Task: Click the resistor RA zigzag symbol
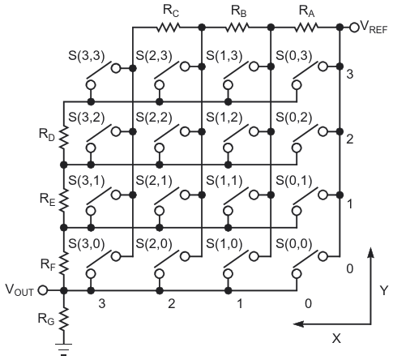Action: click(306, 27)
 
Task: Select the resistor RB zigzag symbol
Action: click(237, 27)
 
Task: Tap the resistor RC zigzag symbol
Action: click(168, 27)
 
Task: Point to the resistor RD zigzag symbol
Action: click(64, 137)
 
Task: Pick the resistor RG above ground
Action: click(64, 319)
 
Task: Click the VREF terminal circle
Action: click(353, 27)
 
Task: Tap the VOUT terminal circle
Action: click(42, 290)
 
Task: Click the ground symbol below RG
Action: click(64, 349)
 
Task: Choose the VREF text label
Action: click(374, 27)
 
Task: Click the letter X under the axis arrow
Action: click(336, 338)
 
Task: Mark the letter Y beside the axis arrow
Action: click(384, 290)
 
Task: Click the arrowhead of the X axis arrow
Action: click(298, 324)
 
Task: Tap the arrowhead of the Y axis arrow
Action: click(371, 253)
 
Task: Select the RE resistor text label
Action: click(48, 199)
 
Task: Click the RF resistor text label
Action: click(48, 264)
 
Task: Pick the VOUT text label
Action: click(19, 290)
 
